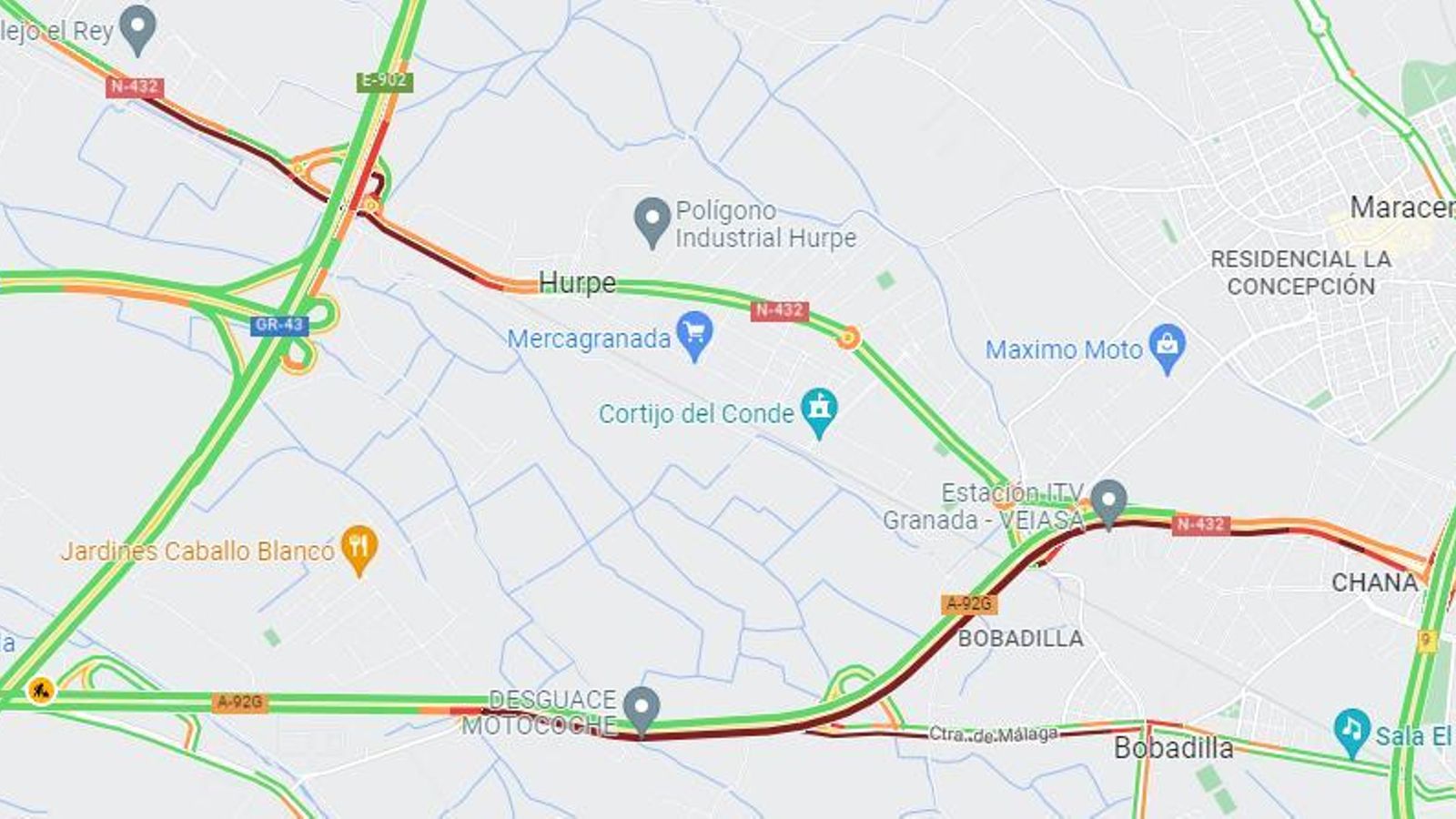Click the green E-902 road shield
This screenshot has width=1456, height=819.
[384, 81]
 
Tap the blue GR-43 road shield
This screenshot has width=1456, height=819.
[278, 325]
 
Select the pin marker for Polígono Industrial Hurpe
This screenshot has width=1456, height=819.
[652, 220]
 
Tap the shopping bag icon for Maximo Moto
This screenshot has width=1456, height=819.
[1168, 347]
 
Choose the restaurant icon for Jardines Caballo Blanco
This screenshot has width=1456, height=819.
[359, 548]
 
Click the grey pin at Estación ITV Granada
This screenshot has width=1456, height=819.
[1108, 501]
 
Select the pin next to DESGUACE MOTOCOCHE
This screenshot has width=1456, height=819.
[642, 708]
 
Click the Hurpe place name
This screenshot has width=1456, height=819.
[577, 283]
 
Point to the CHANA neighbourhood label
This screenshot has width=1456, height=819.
[1374, 582]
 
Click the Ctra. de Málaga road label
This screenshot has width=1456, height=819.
[993, 733]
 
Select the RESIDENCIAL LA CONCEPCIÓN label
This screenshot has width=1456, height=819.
[1300, 272]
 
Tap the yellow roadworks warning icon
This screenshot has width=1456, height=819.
[40, 692]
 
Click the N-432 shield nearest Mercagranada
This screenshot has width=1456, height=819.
[780, 310]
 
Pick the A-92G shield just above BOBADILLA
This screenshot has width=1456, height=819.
[969, 603]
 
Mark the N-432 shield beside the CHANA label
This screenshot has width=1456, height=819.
[1200, 524]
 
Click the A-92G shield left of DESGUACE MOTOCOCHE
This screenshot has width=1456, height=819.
[240, 702]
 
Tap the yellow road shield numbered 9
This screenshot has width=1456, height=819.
[1426, 640]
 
